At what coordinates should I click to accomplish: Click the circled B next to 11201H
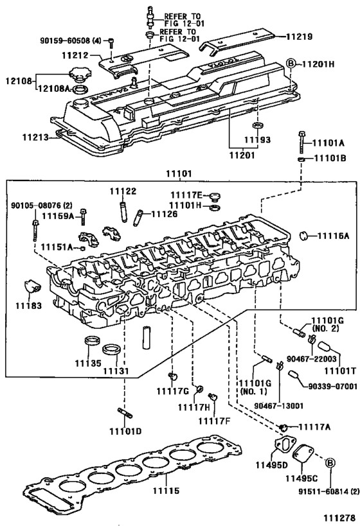289,64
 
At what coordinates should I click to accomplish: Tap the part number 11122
122,191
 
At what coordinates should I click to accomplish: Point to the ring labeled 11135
92,340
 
